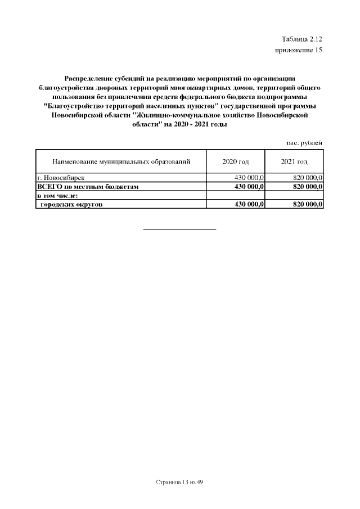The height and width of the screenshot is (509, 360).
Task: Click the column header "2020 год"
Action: pos(236,162)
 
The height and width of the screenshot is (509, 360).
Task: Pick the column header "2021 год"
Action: pos(294,162)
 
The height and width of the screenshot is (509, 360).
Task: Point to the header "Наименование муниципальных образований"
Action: pos(121,162)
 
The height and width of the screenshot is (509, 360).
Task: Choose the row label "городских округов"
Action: pos(71,204)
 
